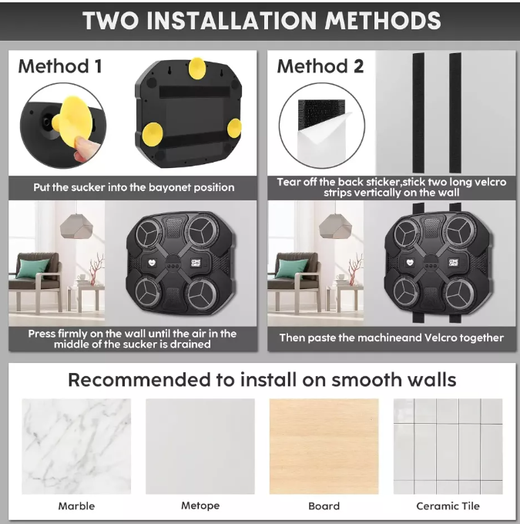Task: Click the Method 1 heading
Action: [60, 66]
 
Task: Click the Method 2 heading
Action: [320, 66]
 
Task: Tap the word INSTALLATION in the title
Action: [232, 21]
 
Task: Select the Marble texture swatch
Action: [76, 446]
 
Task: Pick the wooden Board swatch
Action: [324, 446]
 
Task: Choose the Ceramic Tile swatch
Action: [448, 446]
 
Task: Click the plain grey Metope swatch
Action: [200, 446]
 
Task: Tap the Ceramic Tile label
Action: [448, 506]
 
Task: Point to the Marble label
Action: [76, 506]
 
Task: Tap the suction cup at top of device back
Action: [197, 68]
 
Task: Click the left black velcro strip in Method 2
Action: [418, 113]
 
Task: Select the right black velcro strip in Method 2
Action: [455, 113]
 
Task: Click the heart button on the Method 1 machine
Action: [152, 263]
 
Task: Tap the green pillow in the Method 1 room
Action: [33, 268]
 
